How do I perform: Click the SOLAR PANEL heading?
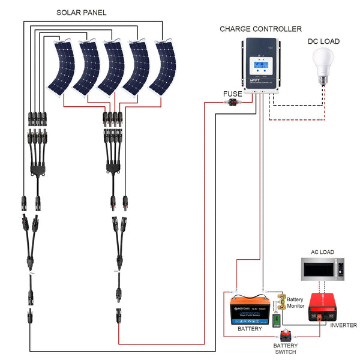tap(81, 12)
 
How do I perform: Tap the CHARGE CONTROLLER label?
tap(260, 29)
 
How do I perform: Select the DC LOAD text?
tap(323, 41)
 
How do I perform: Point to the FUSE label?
tap(232, 94)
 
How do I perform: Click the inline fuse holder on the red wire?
tap(232, 103)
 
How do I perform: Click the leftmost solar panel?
tap(61, 67)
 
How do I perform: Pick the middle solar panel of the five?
tap(112, 67)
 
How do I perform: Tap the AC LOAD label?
tap(322, 252)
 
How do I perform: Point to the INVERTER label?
tap(343, 325)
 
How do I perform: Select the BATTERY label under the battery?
tap(250, 329)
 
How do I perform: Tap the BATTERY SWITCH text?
tap(285, 349)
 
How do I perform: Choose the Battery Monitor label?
tap(295, 302)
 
